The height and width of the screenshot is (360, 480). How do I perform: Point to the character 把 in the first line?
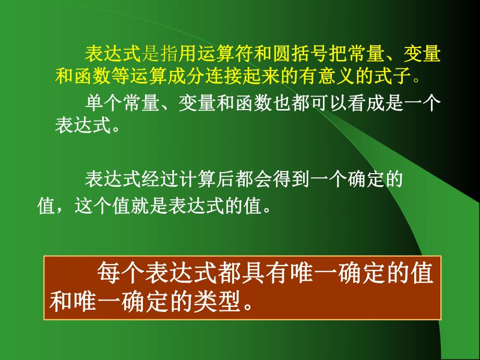(334, 54)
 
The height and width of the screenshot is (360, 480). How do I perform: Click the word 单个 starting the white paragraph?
(98, 103)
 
